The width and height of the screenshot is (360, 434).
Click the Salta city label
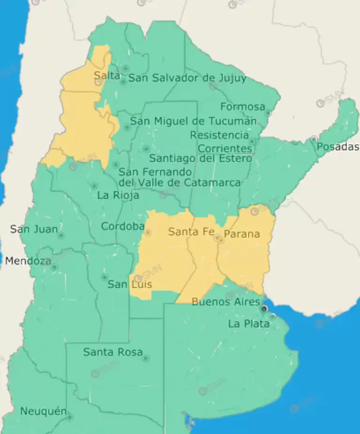tap(107, 76)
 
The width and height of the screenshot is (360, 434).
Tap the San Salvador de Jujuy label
tap(187, 78)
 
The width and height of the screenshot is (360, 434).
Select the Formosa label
tap(243, 107)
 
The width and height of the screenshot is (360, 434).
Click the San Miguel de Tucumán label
tap(193, 121)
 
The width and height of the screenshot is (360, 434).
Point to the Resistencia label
tap(219, 135)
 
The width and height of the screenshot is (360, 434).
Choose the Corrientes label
tap(225, 148)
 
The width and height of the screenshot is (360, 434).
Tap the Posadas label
tap(337, 147)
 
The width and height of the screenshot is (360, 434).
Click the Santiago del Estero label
tap(200, 158)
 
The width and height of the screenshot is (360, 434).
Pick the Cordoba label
tap(123, 227)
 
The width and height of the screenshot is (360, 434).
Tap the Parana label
tap(242, 234)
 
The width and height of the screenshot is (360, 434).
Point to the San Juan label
tap(34, 229)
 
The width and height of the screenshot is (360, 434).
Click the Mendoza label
tap(28, 261)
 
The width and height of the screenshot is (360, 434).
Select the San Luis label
tap(130, 284)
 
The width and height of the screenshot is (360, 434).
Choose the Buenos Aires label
tap(225, 302)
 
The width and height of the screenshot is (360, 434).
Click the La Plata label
tap(249, 324)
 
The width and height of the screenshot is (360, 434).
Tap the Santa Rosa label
tap(113, 352)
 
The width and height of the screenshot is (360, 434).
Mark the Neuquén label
tap(43, 411)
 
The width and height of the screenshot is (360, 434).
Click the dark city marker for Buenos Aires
tap(264, 308)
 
